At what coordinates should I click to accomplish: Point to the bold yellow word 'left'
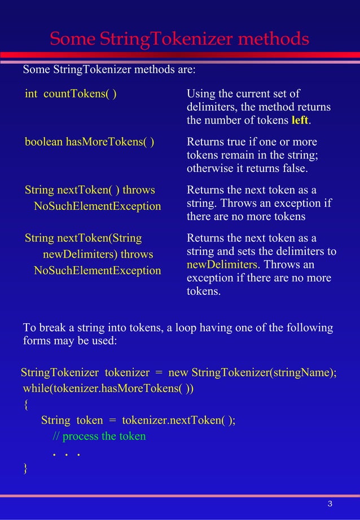300,121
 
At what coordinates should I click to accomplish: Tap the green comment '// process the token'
99,436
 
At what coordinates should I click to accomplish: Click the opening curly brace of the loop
25,404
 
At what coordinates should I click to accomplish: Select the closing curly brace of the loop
25,468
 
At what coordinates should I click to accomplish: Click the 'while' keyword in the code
36,389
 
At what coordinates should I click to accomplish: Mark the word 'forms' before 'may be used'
37,342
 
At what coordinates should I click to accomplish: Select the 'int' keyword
30,94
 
